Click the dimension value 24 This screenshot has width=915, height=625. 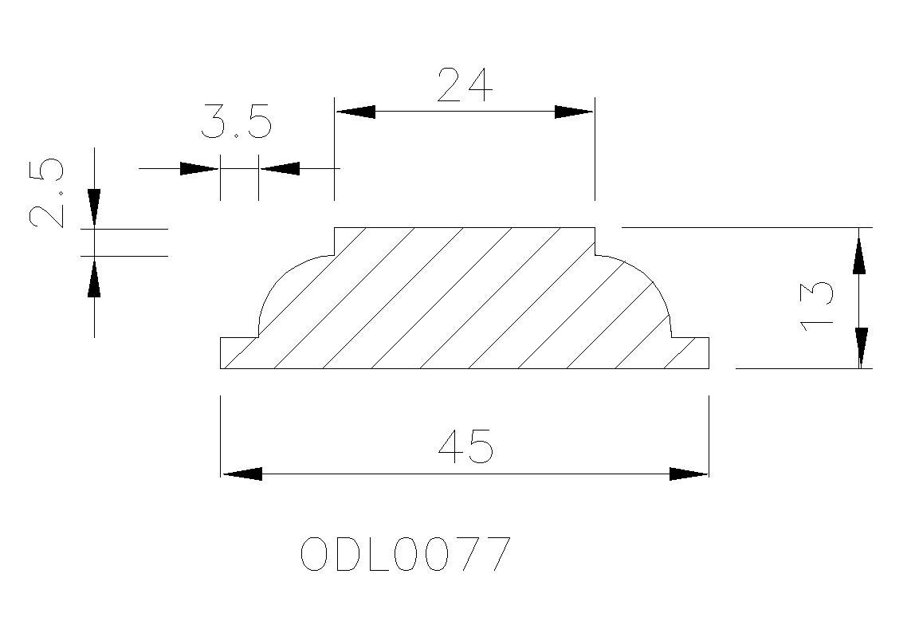coord(465,85)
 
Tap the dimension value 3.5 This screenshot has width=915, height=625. coord(237,123)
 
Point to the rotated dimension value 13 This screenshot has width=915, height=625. coord(816,306)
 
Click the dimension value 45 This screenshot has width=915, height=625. coord(465,446)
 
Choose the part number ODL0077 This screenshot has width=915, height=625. coord(406,554)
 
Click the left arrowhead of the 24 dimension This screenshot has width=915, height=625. coord(355,112)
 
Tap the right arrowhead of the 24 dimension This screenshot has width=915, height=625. coord(574,112)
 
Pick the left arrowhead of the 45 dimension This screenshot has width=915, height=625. coord(242,474)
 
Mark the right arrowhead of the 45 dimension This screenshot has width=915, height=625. coord(689,474)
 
